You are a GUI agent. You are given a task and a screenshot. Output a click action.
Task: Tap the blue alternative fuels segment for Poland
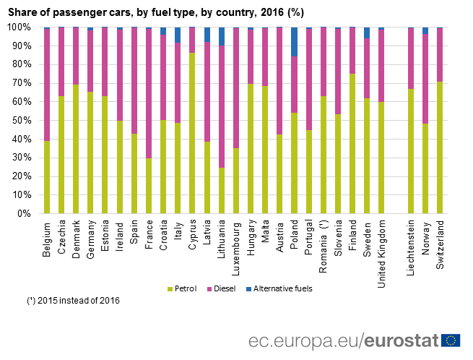coord(295,41)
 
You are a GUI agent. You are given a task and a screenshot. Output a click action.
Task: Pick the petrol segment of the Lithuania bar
coord(221,190)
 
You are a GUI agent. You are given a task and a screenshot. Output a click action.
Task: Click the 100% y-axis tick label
coord(19,27)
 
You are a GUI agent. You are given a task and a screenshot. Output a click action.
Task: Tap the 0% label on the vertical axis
coord(25,213)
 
